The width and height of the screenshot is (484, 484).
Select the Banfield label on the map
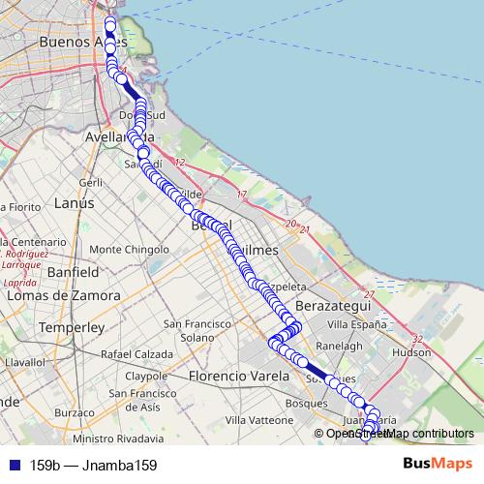(x=72, y=272)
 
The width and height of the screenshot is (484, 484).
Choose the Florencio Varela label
(x=239, y=375)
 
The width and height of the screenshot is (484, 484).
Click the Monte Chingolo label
(x=128, y=249)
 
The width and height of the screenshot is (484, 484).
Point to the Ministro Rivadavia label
(x=119, y=439)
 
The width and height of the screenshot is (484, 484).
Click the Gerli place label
(x=91, y=182)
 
